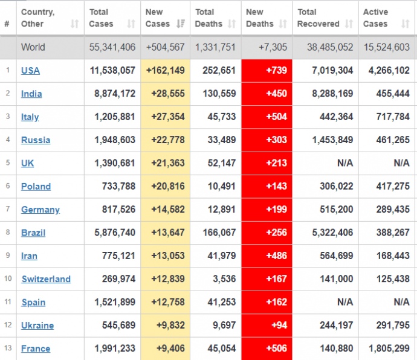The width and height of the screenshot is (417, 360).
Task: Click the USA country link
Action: point(30,71)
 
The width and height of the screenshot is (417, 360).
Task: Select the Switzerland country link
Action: point(46,279)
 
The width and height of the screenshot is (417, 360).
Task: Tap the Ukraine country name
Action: point(37,326)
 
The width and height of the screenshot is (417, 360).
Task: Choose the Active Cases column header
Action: point(375,18)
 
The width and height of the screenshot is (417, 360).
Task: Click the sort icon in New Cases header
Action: point(181,24)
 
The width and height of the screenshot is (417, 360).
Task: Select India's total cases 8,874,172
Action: point(115,94)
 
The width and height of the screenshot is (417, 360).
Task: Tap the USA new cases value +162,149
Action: point(166,71)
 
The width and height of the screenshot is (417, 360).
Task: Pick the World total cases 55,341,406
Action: point(112,47)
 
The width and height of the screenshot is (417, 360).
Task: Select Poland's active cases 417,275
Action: point(389,187)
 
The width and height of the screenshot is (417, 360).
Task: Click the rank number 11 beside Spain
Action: point(7,302)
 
